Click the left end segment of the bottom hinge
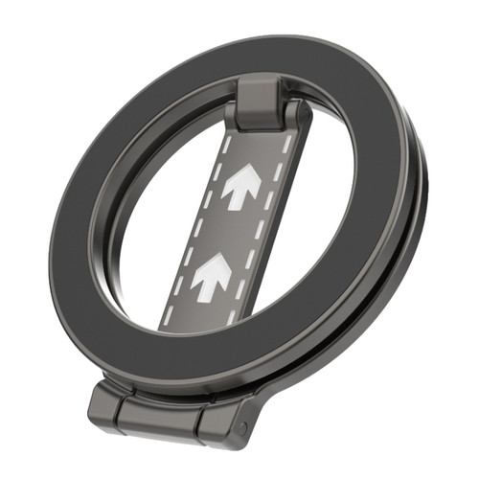tap(106, 402)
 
